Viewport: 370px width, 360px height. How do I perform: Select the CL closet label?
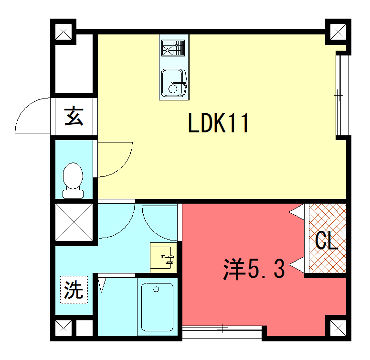point(325,241)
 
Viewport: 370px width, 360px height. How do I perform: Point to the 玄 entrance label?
point(75,115)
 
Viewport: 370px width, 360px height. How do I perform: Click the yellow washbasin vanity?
point(163,258)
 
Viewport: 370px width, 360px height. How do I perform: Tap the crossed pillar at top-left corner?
point(66,32)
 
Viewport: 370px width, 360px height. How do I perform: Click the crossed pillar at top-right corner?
point(340,32)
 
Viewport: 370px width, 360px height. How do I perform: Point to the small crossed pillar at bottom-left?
point(66,327)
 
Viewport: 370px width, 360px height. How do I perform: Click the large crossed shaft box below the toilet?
point(74,223)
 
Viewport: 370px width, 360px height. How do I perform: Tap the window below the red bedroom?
point(222,329)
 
